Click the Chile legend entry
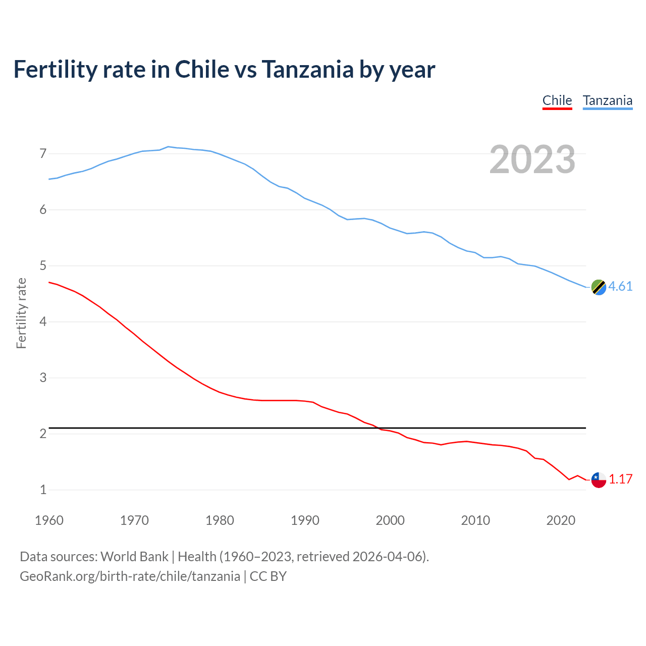(557, 100)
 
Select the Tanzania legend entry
(608, 100)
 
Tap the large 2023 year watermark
(532, 159)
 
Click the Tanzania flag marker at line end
(599, 287)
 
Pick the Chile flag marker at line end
(599, 479)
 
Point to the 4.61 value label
(620, 286)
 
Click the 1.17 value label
(620, 479)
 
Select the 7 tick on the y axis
(43, 153)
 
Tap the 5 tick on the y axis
(43, 265)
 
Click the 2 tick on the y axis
(43, 434)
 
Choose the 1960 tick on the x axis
(49, 520)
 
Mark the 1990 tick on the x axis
(305, 520)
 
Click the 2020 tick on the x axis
(561, 520)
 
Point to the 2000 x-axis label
(390, 520)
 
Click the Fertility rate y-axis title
(21, 313)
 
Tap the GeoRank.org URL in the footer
(130, 576)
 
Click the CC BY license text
(268, 576)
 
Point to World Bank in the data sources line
(134, 557)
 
